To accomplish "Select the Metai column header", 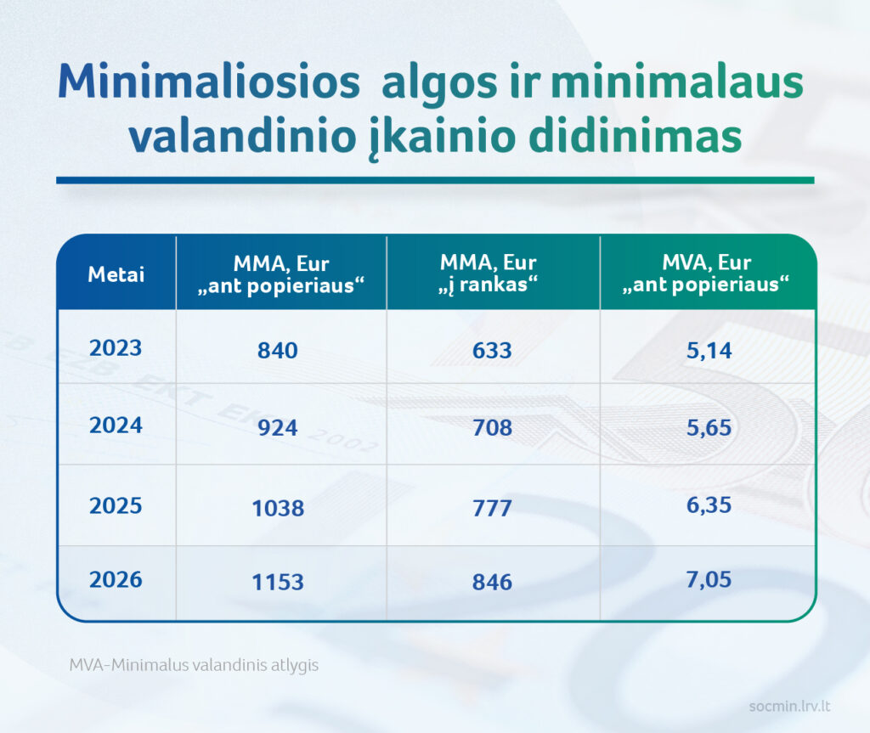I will pos(116,274).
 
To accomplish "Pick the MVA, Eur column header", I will pos(706,273).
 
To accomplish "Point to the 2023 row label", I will pos(116,347).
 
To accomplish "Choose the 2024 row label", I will pos(116,425).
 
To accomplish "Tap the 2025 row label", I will pos(116,505).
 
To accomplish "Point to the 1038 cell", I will pos(278,508).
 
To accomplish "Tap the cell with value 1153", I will pos(278,582).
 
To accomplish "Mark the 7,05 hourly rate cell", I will pos(708,580).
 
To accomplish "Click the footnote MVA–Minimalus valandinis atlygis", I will pos(194,665).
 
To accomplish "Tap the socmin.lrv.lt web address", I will pos(789,706).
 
